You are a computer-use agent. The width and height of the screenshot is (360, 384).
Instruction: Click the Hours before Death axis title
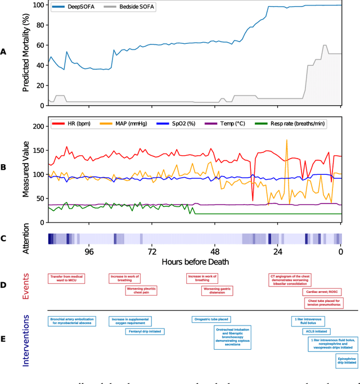point(195,261)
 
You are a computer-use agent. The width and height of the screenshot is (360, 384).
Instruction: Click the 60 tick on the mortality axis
point(40,45)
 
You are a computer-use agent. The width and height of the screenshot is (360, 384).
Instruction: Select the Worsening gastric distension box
point(217,291)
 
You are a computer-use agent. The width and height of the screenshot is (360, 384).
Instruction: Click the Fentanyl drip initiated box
point(144,331)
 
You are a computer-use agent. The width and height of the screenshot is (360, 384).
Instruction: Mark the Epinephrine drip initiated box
point(346,360)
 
